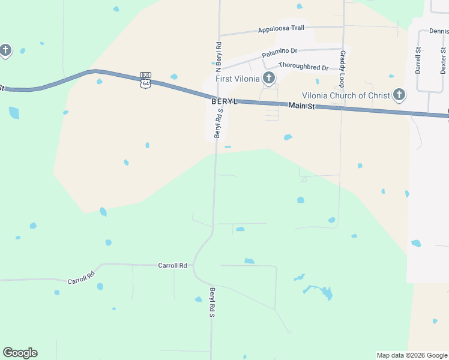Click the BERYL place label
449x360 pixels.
tap(224, 102)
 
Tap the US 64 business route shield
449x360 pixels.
tap(145, 79)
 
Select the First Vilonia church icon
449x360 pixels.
tap(269, 77)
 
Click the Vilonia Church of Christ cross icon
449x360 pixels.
tap(399, 94)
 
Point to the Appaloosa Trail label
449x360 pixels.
tap(281, 29)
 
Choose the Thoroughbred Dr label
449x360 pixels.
tap(303, 67)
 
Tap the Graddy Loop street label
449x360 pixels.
tap(343, 68)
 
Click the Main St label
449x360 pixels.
tap(301, 106)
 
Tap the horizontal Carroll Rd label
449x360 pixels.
tap(173, 265)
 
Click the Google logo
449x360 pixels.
tap(20, 353)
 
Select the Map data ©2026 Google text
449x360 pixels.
tap(412, 355)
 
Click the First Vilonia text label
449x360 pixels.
tap(238, 79)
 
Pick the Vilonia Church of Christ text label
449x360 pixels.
tap(345, 95)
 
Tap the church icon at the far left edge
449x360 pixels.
tap(5, 50)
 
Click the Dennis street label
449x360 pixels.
tap(438, 31)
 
